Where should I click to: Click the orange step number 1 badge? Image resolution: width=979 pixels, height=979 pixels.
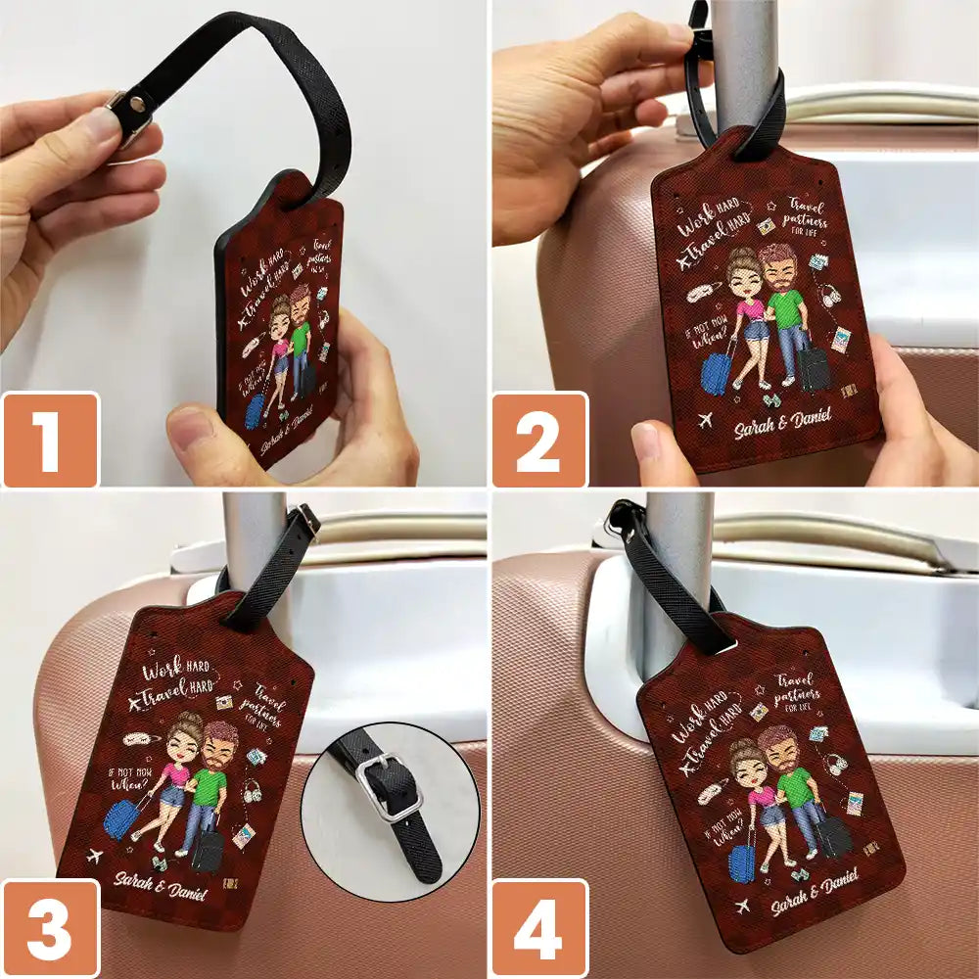49,440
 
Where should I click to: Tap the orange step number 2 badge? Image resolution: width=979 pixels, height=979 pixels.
538,440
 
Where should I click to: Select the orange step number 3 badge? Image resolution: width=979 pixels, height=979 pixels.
49,928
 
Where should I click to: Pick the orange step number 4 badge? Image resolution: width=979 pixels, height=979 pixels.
538,928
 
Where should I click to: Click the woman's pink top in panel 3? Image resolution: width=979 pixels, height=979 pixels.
177,773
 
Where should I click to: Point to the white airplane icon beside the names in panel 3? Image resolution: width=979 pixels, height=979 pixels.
95,858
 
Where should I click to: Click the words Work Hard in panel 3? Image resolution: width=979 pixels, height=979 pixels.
176,674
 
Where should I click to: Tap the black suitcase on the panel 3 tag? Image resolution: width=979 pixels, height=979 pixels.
208,851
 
